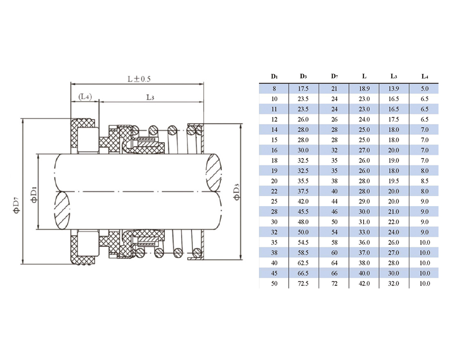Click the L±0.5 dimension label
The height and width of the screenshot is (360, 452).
(x=139, y=79)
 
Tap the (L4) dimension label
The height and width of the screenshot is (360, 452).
(x=85, y=97)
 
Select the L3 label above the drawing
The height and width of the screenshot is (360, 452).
(x=150, y=97)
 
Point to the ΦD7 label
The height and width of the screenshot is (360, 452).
(x=17, y=205)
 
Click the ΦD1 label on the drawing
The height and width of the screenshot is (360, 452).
(x=34, y=194)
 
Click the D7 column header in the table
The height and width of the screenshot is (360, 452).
(x=334, y=76)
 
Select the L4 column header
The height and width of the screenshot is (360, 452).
(x=425, y=76)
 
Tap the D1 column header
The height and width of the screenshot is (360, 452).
(x=274, y=76)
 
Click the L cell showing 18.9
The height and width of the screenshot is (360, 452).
(x=364, y=89)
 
